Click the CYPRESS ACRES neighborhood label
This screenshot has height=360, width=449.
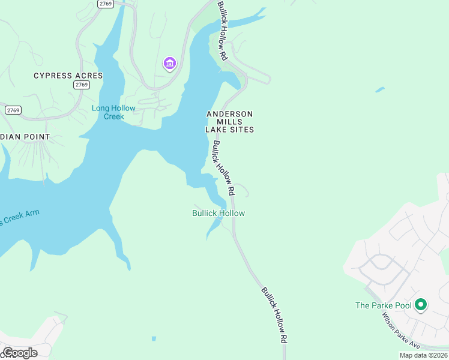pos(68,76)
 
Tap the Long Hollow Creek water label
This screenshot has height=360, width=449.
pos(113,112)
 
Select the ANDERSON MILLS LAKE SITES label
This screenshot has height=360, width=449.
pos(229,122)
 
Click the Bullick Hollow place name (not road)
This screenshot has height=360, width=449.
pos(218,213)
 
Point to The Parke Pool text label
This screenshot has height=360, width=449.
pos(384,305)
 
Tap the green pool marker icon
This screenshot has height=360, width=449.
pos(421,305)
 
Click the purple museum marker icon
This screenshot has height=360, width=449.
pos(169,63)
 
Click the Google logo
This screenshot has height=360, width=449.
pos(19,353)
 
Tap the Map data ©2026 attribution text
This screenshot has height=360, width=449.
pos(423,355)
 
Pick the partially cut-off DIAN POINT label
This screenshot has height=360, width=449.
pos(25,137)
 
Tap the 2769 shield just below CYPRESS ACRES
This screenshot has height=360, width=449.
pos(82,85)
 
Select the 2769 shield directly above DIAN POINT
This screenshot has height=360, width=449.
pos(13,110)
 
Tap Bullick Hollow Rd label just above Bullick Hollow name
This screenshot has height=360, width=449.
pos(222,168)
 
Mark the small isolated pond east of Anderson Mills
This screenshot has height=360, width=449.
pos(379,90)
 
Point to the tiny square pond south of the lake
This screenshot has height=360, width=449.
pos(154,339)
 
